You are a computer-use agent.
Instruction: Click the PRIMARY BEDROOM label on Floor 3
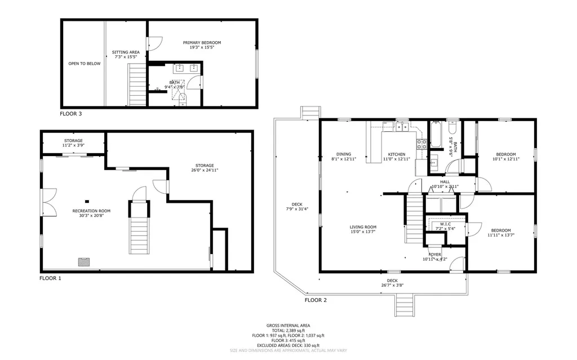coord(202,43)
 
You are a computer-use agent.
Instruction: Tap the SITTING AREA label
coord(126,52)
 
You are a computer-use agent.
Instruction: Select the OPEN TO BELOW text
coord(85,64)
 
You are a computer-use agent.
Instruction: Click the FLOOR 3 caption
coord(71,114)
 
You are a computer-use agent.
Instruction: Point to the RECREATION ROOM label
coord(91,211)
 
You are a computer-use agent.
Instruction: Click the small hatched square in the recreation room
coord(83,261)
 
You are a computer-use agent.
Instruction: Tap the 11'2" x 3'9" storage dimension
coord(73,145)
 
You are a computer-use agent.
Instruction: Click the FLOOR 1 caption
coord(50,278)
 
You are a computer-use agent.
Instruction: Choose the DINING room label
coord(344,154)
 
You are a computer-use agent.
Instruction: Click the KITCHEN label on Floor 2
coord(396,154)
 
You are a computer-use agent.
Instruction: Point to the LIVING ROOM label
coord(362,226)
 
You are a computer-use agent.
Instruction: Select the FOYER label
coord(434,255)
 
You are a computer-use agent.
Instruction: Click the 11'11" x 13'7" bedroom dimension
coord(500,235)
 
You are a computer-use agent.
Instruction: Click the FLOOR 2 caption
coord(316,300)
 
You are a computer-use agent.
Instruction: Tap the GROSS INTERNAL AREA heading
coord(288,326)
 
